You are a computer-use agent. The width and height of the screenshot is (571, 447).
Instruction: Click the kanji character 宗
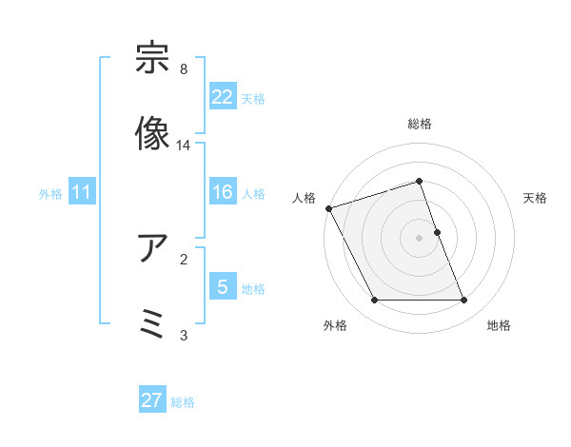pyautogui.click(x=153, y=60)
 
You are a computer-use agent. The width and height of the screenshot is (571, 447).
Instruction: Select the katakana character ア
pyautogui.click(x=153, y=249)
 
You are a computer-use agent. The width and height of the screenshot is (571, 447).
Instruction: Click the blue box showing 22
pyautogui.click(x=222, y=96)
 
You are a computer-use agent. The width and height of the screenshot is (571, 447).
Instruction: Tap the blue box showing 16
pyautogui.click(x=222, y=192)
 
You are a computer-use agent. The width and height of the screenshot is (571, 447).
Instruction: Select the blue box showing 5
pyautogui.click(x=222, y=286)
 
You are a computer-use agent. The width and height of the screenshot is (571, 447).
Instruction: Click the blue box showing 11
pyautogui.click(x=81, y=192)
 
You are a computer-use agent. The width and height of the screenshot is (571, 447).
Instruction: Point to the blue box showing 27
pyautogui.click(x=152, y=400)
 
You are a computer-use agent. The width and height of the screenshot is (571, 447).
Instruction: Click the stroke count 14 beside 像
pyautogui.click(x=184, y=146)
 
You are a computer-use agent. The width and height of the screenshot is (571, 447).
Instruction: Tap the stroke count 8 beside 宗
pyautogui.click(x=183, y=69)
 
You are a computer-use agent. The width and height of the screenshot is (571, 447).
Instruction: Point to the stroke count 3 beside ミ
pyautogui.click(x=183, y=334)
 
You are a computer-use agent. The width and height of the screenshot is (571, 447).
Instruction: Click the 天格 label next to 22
pyautogui.click(x=253, y=98)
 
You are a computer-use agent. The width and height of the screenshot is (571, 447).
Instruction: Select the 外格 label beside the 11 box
pyautogui.click(x=50, y=194)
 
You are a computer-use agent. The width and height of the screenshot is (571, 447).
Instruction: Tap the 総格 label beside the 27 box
pyautogui.click(x=183, y=402)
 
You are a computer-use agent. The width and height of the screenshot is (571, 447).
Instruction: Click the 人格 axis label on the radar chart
pyautogui.click(x=305, y=198)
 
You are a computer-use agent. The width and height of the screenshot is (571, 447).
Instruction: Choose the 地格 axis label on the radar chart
pyautogui.click(x=499, y=325)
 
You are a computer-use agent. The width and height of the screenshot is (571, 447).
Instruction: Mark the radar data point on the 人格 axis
pyautogui.click(x=328, y=208)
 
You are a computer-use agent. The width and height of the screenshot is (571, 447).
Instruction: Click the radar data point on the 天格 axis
pyautogui.click(x=437, y=232)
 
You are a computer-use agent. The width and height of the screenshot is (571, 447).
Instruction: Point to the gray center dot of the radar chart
pyautogui.click(x=419, y=238)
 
